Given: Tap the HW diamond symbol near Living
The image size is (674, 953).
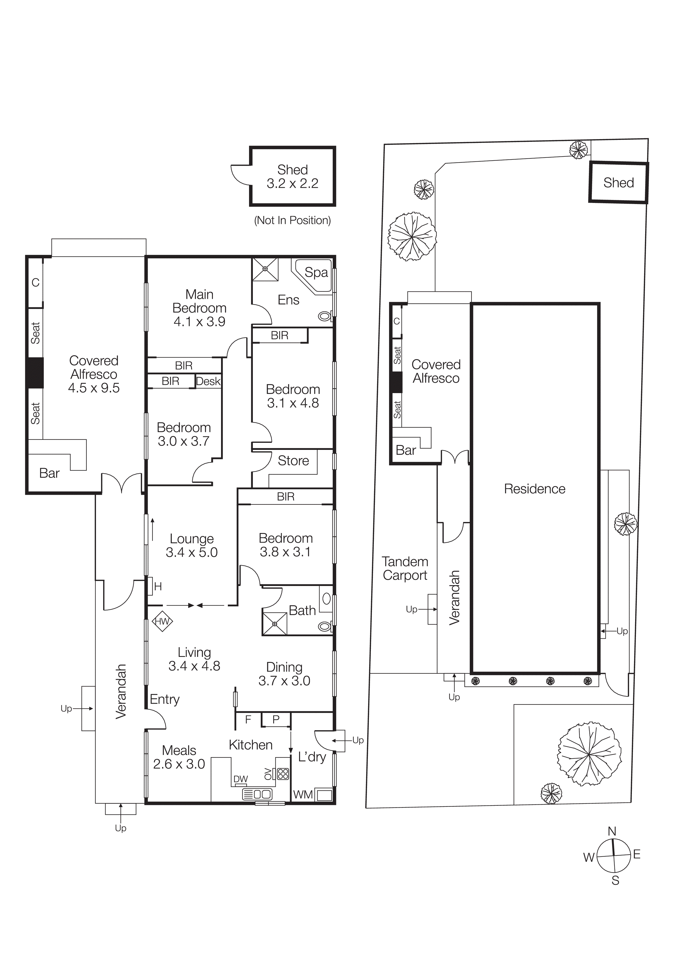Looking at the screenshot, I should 162,621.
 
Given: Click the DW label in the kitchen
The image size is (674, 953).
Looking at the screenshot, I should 240,779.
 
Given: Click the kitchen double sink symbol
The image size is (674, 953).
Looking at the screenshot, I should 257,794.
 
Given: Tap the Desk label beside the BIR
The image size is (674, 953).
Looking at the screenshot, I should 208,381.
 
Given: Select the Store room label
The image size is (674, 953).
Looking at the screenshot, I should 293,461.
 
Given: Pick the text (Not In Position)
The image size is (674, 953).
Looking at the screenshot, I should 292,220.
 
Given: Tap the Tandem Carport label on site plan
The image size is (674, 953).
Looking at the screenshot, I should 405,568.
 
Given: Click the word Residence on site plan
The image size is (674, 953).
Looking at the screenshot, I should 535,489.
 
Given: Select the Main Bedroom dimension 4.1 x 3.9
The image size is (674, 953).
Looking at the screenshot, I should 199,322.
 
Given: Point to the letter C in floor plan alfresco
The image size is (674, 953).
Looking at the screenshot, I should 36,283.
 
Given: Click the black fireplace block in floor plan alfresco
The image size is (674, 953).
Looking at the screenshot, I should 35,372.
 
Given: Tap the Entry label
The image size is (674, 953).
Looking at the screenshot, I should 164,699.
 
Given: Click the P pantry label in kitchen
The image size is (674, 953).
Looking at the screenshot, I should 276,720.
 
